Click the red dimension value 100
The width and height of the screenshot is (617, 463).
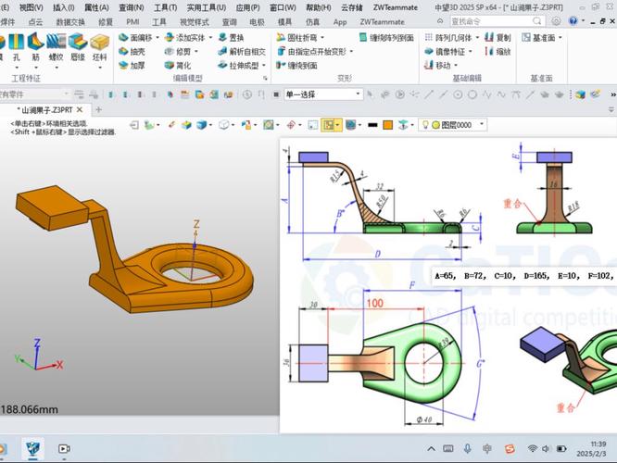(375, 303)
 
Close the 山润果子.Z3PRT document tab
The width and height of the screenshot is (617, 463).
(81, 109)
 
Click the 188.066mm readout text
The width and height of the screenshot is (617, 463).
(30, 409)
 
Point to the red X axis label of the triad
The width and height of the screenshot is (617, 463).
(60, 365)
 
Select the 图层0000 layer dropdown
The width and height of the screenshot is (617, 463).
(454, 125)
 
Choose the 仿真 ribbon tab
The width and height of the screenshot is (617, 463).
(312, 21)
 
